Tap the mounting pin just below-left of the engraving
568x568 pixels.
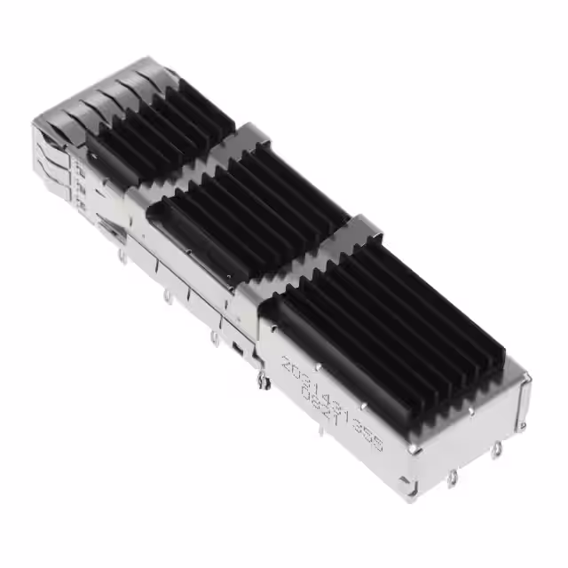[x=262, y=381]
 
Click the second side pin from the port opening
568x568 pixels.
[x=167, y=294]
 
